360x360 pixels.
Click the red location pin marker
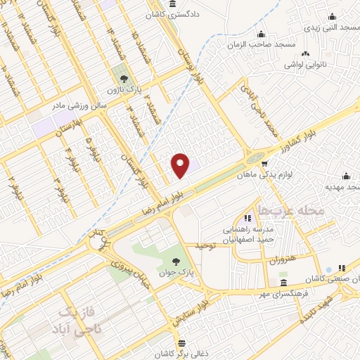point(181,165)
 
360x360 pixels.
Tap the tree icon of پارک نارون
point(124,78)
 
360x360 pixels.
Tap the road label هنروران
point(282,259)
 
